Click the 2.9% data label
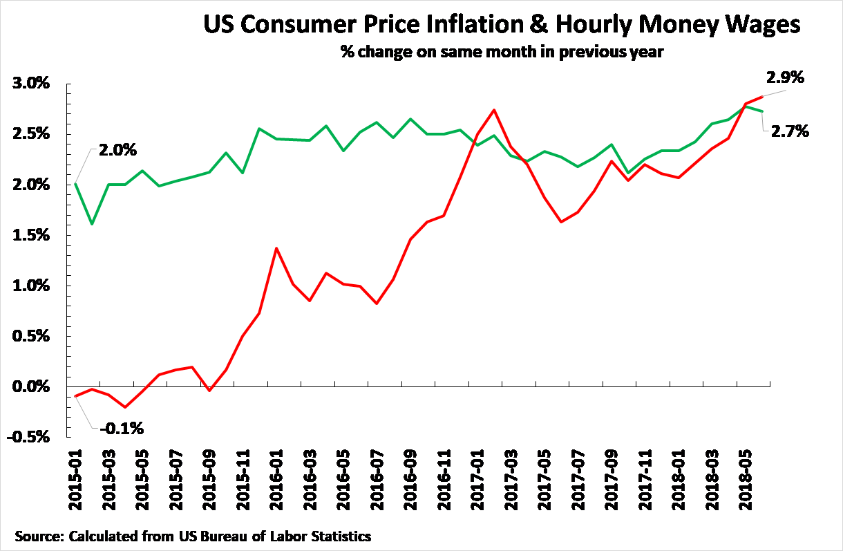point(786,78)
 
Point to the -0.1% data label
point(122,429)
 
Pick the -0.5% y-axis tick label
point(29,437)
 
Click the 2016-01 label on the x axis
point(277,487)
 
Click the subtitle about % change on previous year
point(502,53)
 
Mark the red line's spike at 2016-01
point(277,248)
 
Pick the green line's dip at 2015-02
point(92,224)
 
